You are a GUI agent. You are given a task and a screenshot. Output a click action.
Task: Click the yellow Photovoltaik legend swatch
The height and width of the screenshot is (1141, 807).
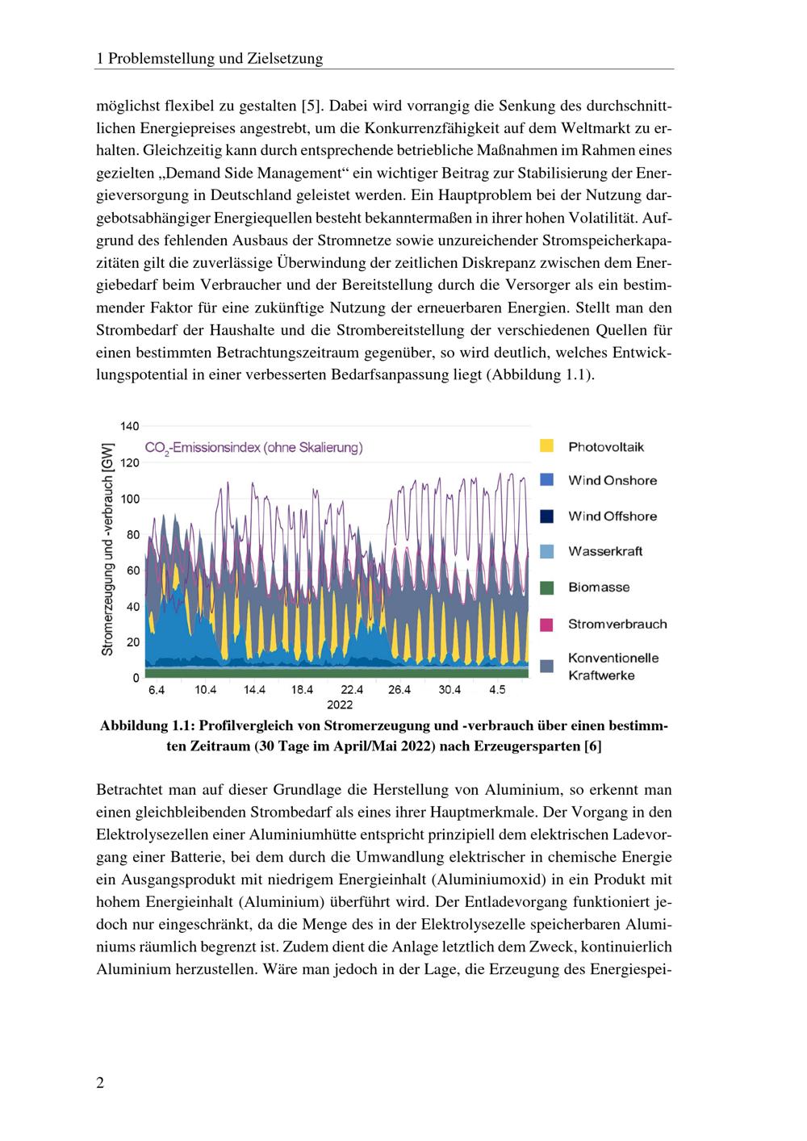546,445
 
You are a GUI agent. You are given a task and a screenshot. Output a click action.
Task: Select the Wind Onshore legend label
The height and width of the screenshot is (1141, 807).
612,480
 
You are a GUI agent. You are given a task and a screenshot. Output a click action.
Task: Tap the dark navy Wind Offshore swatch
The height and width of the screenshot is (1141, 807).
546,516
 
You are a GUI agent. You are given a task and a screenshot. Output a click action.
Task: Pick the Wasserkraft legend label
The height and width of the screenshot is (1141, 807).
605,551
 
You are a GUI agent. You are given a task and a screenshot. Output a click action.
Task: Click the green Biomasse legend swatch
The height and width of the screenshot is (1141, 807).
546,587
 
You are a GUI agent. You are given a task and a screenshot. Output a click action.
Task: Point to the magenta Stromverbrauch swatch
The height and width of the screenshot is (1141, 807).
546,624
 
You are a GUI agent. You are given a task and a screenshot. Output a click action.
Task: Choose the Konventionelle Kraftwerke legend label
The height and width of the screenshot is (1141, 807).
613,667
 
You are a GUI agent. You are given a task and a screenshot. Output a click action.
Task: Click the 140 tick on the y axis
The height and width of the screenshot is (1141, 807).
130,426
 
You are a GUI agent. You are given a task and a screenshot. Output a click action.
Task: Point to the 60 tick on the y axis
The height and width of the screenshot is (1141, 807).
133,570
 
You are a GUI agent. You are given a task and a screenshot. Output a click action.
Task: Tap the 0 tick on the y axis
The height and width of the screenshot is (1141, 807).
136,678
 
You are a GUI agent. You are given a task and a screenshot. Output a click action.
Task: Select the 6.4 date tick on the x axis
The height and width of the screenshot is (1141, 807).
157,691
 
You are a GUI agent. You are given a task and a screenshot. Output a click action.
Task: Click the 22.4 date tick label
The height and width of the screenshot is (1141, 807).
352,691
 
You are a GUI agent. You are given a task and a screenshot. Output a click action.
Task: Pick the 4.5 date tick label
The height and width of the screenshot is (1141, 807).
497,691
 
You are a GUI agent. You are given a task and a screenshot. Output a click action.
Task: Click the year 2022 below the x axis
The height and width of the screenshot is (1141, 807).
340,704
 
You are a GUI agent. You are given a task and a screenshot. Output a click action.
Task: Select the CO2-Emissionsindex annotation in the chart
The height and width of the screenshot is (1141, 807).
253,448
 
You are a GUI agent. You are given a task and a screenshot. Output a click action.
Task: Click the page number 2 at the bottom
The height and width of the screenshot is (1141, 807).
100,1083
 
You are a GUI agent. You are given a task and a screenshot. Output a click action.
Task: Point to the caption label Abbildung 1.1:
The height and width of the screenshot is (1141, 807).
148,726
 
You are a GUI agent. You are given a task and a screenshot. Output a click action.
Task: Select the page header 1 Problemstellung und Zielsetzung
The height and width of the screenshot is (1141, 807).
209,58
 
